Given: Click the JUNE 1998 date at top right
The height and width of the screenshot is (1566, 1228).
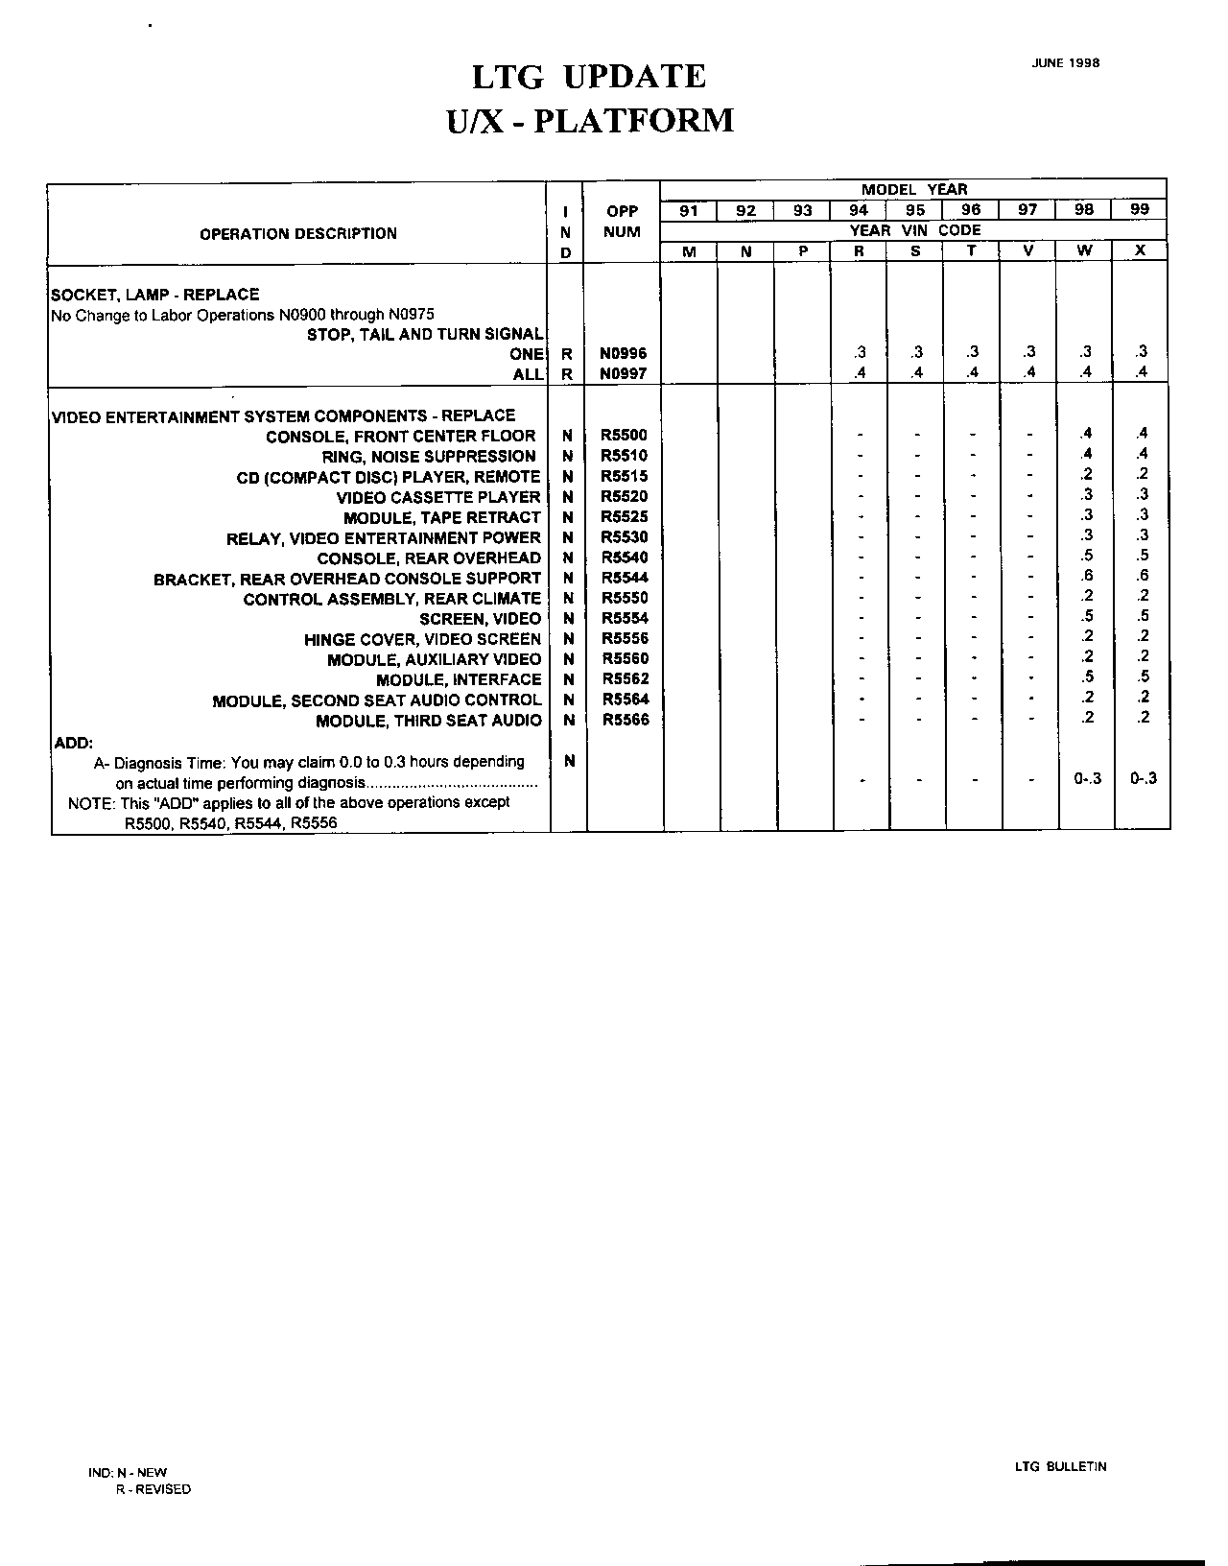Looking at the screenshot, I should (x=1065, y=63).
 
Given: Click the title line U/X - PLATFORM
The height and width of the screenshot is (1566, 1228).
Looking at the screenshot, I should (x=591, y=121).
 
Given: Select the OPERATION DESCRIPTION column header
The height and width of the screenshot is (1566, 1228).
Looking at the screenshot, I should (x=297, y=233).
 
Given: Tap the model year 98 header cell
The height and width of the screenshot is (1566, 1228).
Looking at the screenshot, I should (x=1083, y=210).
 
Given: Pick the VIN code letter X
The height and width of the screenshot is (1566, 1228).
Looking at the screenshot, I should (x=1140, y=250).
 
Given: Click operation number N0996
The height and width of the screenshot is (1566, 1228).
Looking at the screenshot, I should (x=623, y=353).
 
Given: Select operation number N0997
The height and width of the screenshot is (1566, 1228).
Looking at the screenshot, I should (x=623, y=373).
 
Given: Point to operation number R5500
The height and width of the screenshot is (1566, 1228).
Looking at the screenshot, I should (x=624, y=436).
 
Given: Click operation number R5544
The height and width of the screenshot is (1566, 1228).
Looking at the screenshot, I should (x=625, y=578).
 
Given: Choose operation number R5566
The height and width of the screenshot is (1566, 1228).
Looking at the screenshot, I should (x=625, y=720).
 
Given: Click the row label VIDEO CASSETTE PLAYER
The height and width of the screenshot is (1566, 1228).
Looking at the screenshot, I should (x=438, y=497).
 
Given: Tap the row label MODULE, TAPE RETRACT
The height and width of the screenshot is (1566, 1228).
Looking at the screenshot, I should (x=442, y=517).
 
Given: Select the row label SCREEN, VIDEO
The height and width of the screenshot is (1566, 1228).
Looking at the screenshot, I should (x=480, y=619).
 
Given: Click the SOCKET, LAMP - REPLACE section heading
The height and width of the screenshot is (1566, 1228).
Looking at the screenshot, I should (x=155, y=295).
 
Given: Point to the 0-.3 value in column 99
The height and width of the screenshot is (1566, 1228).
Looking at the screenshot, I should (x=1143, y=778).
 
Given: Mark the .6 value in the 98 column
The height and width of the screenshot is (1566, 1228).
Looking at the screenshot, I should (x=1086, y=576).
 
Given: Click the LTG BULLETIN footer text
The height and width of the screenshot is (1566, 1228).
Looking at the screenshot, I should (x=1060, y=1466).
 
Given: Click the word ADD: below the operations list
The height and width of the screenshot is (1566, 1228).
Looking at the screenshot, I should (x=71, y=742).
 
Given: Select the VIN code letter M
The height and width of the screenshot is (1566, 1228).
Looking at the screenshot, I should (x=689, y=250).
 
